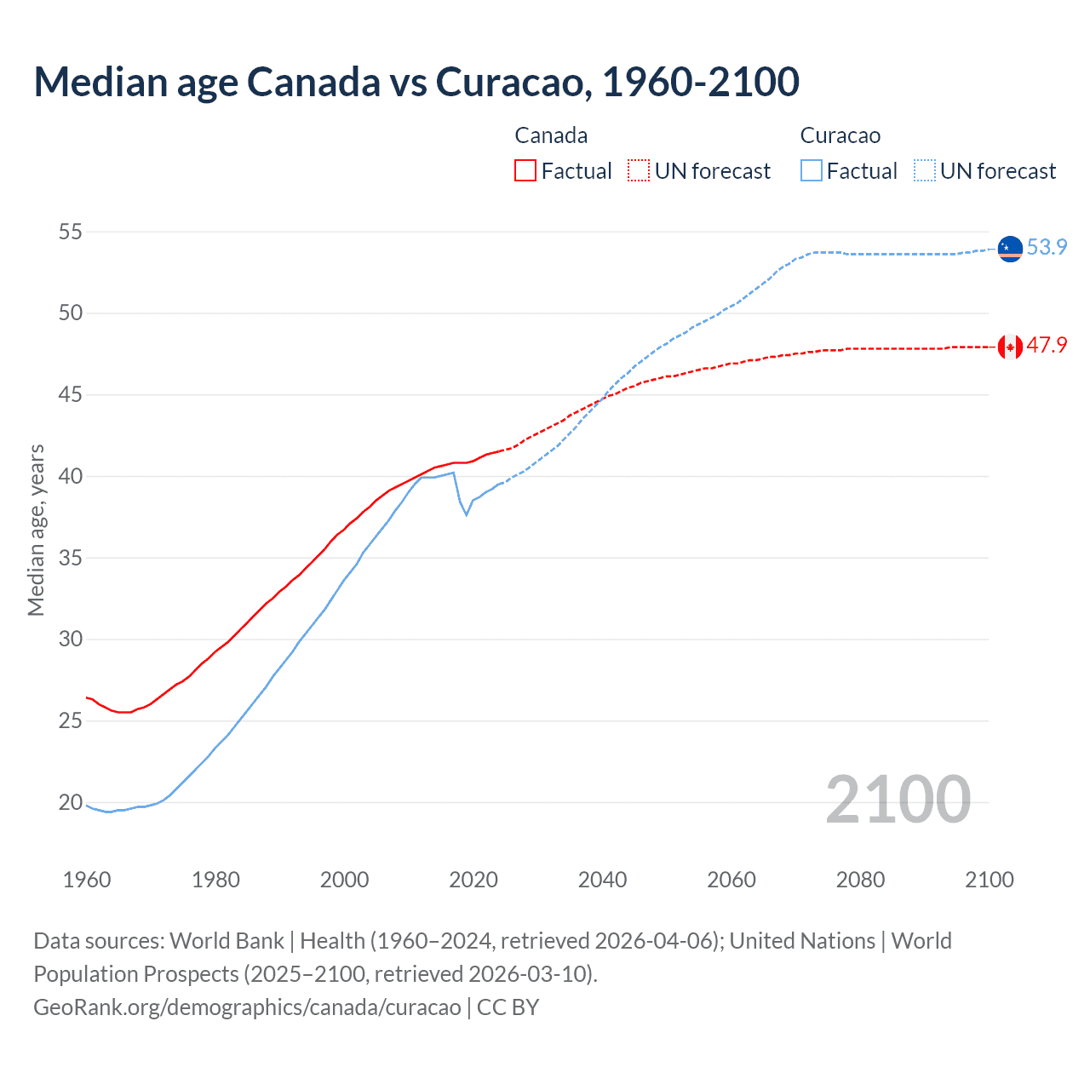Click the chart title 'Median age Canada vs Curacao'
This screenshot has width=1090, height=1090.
tap(416, 82)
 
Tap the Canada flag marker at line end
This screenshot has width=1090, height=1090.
tap(1010, 347)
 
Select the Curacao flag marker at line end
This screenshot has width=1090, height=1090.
tap(1010, 249)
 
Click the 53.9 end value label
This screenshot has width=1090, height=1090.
tap(1047, 247)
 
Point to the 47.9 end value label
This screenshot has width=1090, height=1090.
tap(1047, 345)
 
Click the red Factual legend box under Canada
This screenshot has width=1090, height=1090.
tap(525, 170)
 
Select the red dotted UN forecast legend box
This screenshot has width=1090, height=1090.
tap(639, 170)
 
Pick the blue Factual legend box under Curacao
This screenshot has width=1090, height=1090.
tap(812, 170)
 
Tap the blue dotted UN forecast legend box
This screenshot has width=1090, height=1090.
tap(925, 170)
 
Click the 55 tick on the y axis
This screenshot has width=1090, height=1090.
tap(71, 232)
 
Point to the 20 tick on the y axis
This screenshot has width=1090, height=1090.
tap(71, 802)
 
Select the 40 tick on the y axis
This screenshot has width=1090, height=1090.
tap(71, 476)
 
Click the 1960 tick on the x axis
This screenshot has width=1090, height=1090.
tap(87, 880)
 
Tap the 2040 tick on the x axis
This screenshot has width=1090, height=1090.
tap(602, 880)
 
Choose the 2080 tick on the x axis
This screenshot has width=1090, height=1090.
tap(860, 880)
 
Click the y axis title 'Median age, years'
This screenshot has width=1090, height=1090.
tap(36, 530)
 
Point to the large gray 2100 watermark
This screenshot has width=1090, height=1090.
tap(898, 799)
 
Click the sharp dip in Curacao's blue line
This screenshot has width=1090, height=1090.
tap(466, 513)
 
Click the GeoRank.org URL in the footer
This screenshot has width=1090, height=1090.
tap(247, 1007)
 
